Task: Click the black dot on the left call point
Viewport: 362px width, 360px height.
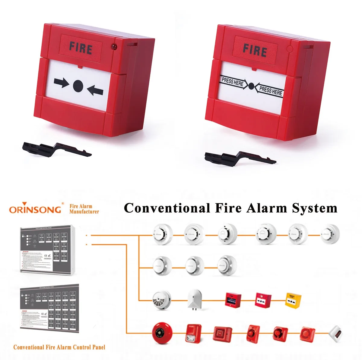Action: click(78, 85)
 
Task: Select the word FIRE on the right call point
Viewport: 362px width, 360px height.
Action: click(255, 50)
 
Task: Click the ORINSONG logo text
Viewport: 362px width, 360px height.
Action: click(35, 209)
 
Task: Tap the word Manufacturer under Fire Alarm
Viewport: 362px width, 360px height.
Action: click(84, 212)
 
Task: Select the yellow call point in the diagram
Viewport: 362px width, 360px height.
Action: click(293, 300)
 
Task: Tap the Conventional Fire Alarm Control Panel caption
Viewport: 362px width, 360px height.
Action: click(59, 347)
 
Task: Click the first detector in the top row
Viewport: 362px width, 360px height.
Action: click(163, 234)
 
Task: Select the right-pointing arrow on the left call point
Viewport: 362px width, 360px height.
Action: click(61, 83)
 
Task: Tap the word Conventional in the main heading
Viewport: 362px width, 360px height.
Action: click(167, 208)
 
